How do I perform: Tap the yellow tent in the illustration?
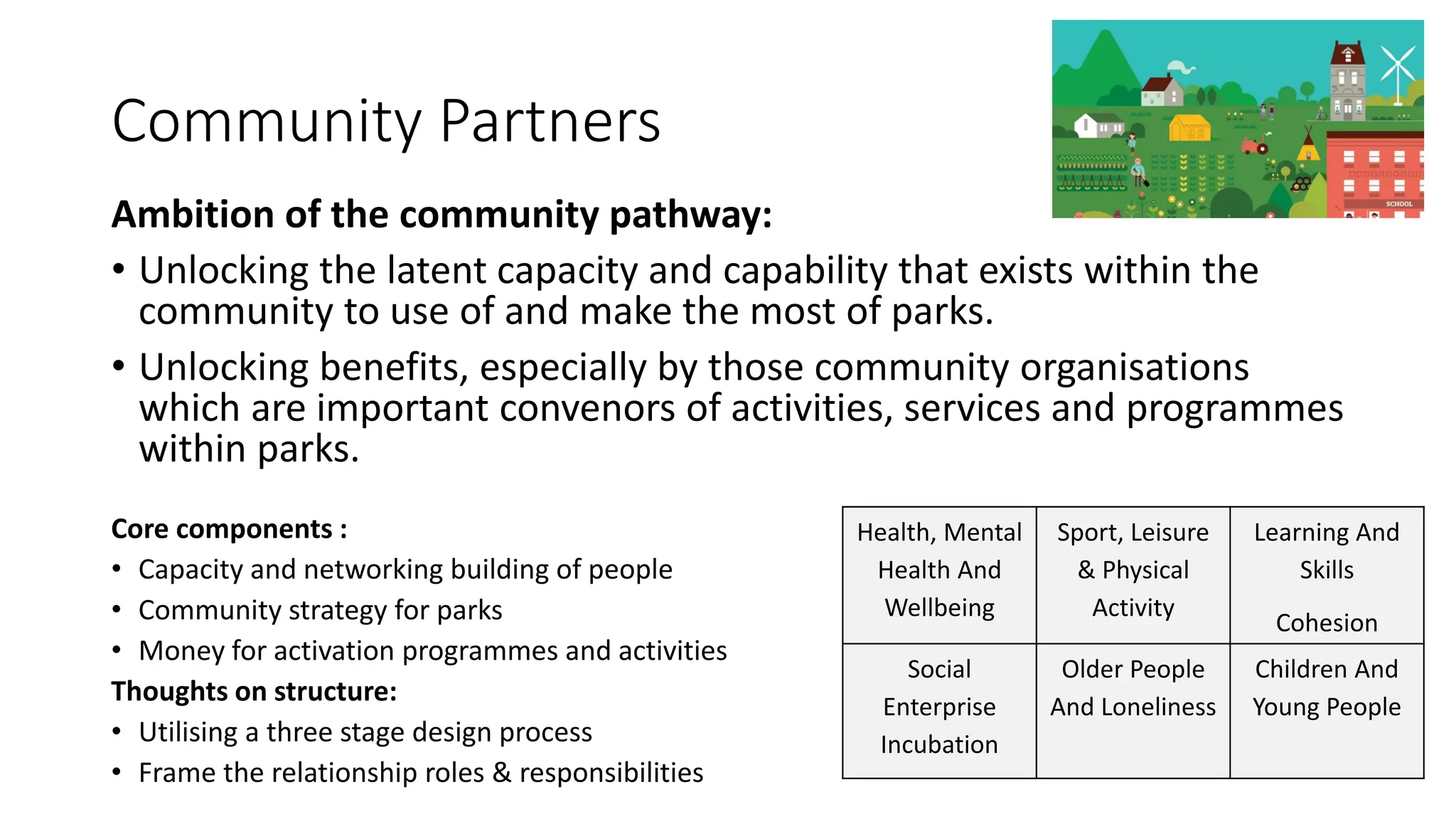(x=1189, y=129)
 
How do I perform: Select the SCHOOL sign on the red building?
(x=1399, y=204)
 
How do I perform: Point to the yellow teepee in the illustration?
(x=1308, y=147)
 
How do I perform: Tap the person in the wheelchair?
(x=1321, y=112)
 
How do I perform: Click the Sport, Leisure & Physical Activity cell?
(x=1133, y=570)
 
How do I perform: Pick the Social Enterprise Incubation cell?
(x=939, y=707)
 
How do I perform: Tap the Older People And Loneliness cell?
(x=1133, y=688)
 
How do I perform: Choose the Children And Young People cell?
(x=1327, y=688)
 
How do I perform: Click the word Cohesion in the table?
(x=1327, y=623)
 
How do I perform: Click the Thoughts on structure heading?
(x=254, y=692)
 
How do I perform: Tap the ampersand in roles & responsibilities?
(x=502, y=773)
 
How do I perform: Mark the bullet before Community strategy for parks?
(x=117, y=611)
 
